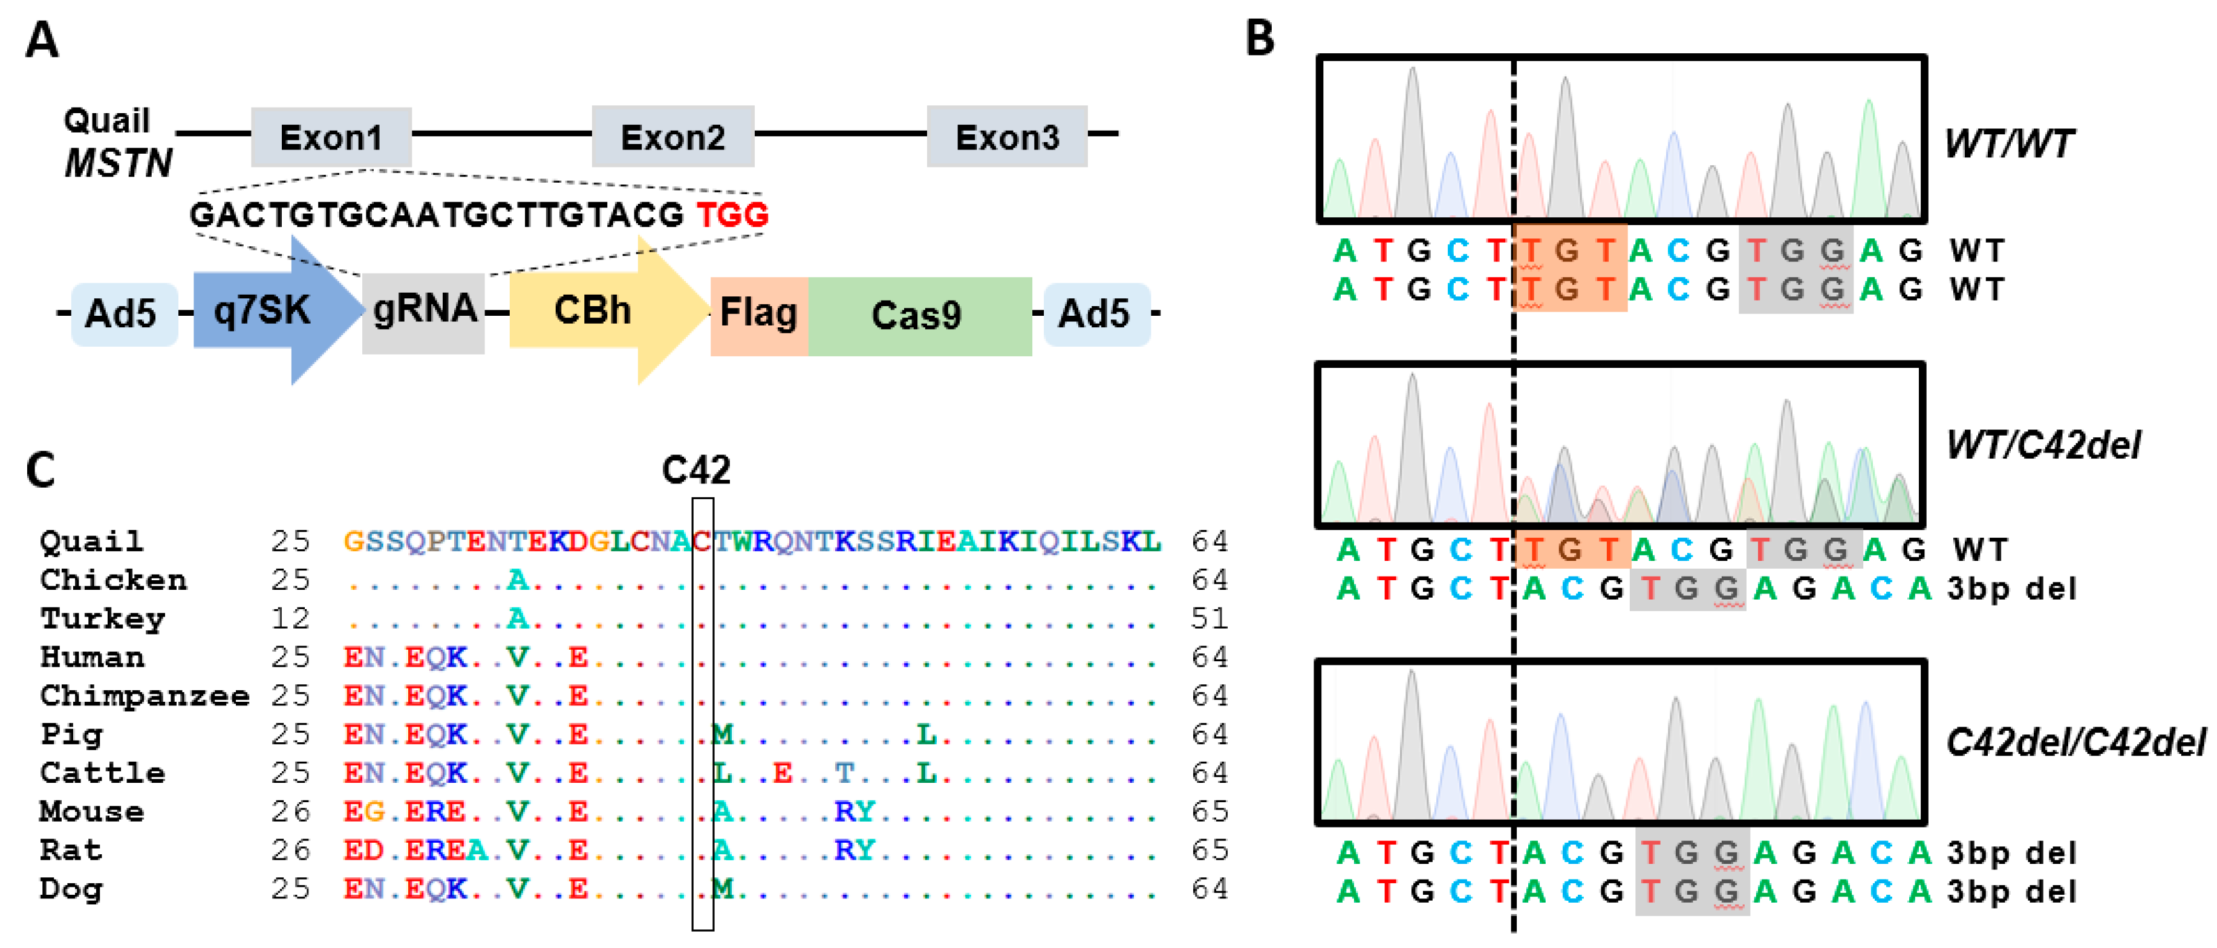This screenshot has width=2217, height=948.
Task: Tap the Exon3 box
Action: point(1006,137)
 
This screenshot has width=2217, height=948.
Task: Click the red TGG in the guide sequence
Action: point(732,214)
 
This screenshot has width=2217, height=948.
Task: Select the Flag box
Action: point(758,314)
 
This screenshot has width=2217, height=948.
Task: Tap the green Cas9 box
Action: point(918,316)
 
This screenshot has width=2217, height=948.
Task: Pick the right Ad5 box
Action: point(1095,314)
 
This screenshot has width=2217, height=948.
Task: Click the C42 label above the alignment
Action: point(696,470)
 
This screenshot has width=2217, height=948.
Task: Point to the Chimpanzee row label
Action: point(144,695)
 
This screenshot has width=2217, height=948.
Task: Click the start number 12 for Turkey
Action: point(290,618)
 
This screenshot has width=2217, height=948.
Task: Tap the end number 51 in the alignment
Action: point(1209,618)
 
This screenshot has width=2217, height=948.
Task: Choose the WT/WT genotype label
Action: point(2010,144)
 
